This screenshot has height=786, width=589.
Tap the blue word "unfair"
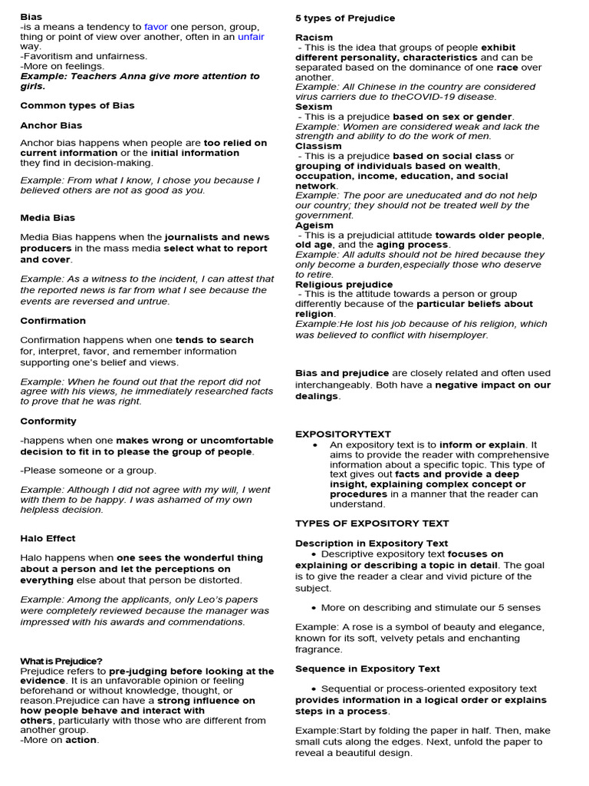click(251, 36)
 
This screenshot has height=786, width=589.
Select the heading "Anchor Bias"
click(51, 125)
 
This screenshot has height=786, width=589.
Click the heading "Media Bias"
click(48, 217)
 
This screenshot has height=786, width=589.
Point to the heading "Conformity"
click(48, 421)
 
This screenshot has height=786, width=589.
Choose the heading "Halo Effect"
click(48, 538)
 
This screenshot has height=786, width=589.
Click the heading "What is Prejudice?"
click(61, 661)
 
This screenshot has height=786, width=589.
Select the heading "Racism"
click(314, 37)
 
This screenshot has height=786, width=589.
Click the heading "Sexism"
click(314, 107)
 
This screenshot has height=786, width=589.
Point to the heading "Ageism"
click(314, 225)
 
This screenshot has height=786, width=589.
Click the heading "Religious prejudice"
click(344, 284)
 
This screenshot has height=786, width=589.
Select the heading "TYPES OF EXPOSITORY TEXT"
click(372, 523)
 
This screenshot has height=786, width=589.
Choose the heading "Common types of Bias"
click(77, 105)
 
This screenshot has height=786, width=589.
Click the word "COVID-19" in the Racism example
click(429, 97)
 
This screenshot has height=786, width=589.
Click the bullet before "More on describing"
click(316, 608)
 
